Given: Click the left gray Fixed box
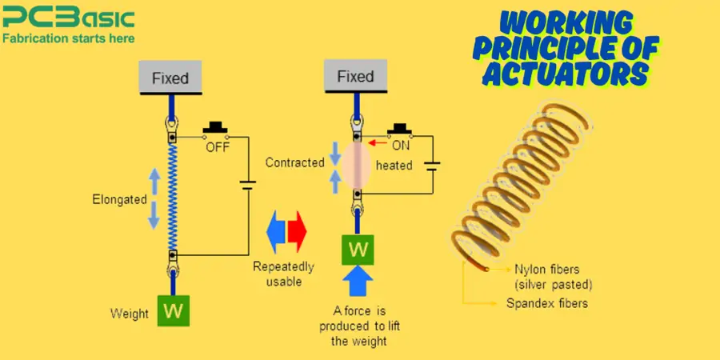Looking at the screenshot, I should click(x=170, y=78).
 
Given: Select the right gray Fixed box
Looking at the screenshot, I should click(x=355, y=77).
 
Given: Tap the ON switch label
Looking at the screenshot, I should click(x=401, y=145).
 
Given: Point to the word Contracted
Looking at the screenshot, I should click(x=295, y=162).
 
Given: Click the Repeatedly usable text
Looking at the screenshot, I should click(x=283, y=274).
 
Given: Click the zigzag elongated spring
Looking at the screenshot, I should click(x=171, y=196).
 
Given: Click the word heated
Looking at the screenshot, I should click(x=394, y=166).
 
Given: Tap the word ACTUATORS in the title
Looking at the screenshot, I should click(x=560, y=74).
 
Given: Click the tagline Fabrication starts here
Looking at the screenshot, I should click(x=68, y=38).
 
